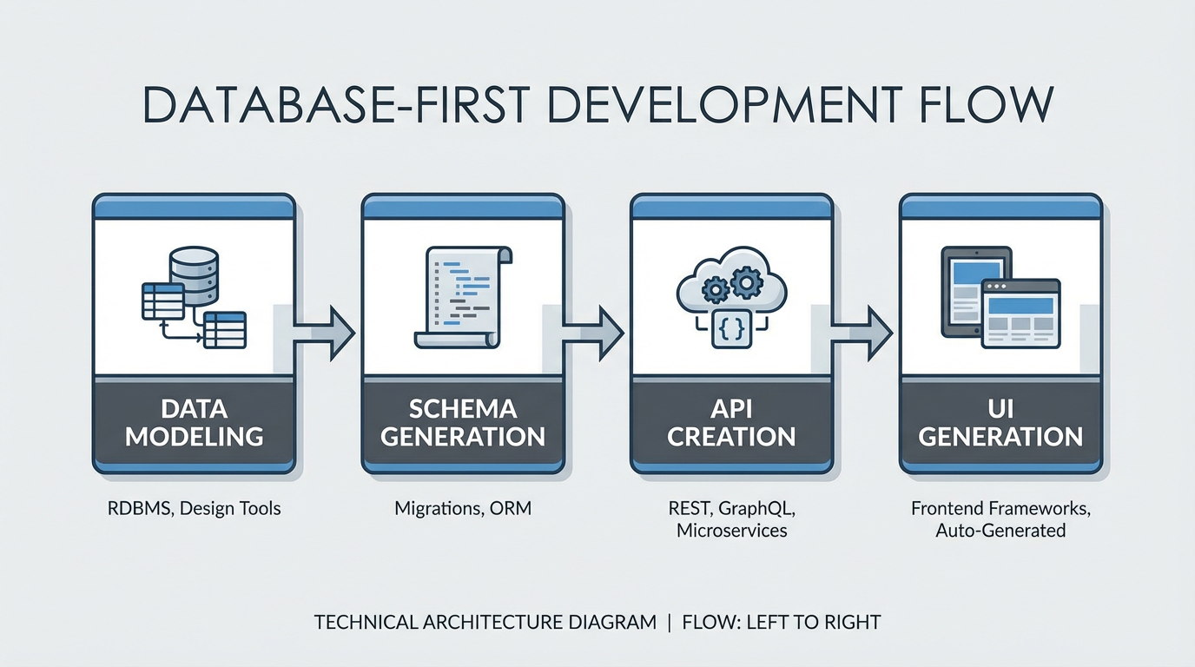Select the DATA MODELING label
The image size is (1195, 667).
tap(194, 422)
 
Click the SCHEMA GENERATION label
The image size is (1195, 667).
tap(463, 422)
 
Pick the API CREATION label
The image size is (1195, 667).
tap(731, 422)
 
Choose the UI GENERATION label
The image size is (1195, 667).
tap(1000, 422)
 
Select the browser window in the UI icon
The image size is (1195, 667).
tap(1020, 314)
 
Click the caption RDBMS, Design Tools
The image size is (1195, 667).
tap(194, 508)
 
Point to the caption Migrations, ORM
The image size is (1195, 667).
tap(463, 508)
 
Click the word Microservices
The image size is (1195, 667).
tap(731, 530)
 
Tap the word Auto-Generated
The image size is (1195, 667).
tap(1000, 530)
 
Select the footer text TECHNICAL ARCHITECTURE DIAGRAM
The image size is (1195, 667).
tap(485, 622)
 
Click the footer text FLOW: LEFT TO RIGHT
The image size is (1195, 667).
tap(782, 622)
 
